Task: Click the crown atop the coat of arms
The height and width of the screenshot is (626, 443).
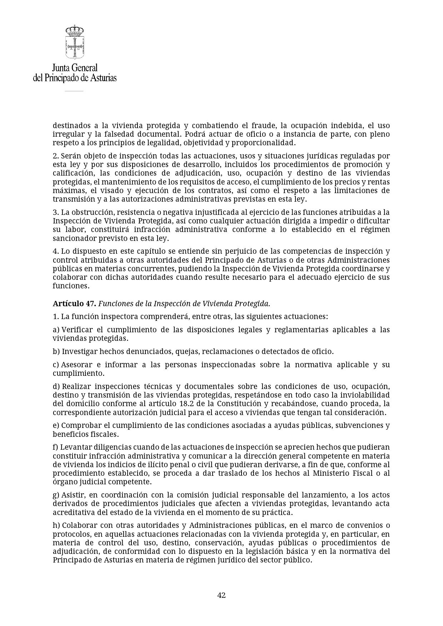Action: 74,30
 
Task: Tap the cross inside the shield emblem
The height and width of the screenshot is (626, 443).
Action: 74,46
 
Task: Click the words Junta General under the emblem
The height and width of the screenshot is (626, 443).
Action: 75,67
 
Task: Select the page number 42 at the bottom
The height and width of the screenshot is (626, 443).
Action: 221,595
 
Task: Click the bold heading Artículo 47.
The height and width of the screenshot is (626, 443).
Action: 74,304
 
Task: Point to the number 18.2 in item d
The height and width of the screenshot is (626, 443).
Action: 185,404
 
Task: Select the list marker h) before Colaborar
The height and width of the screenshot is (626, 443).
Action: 56,525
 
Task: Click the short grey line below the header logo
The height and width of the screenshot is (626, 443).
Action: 74,91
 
